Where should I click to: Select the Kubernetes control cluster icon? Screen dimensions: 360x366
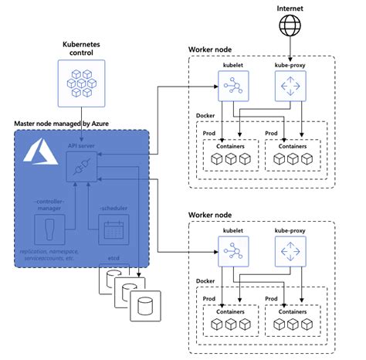pos(80,83)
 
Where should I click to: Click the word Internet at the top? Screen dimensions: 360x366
pos(290,8)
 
